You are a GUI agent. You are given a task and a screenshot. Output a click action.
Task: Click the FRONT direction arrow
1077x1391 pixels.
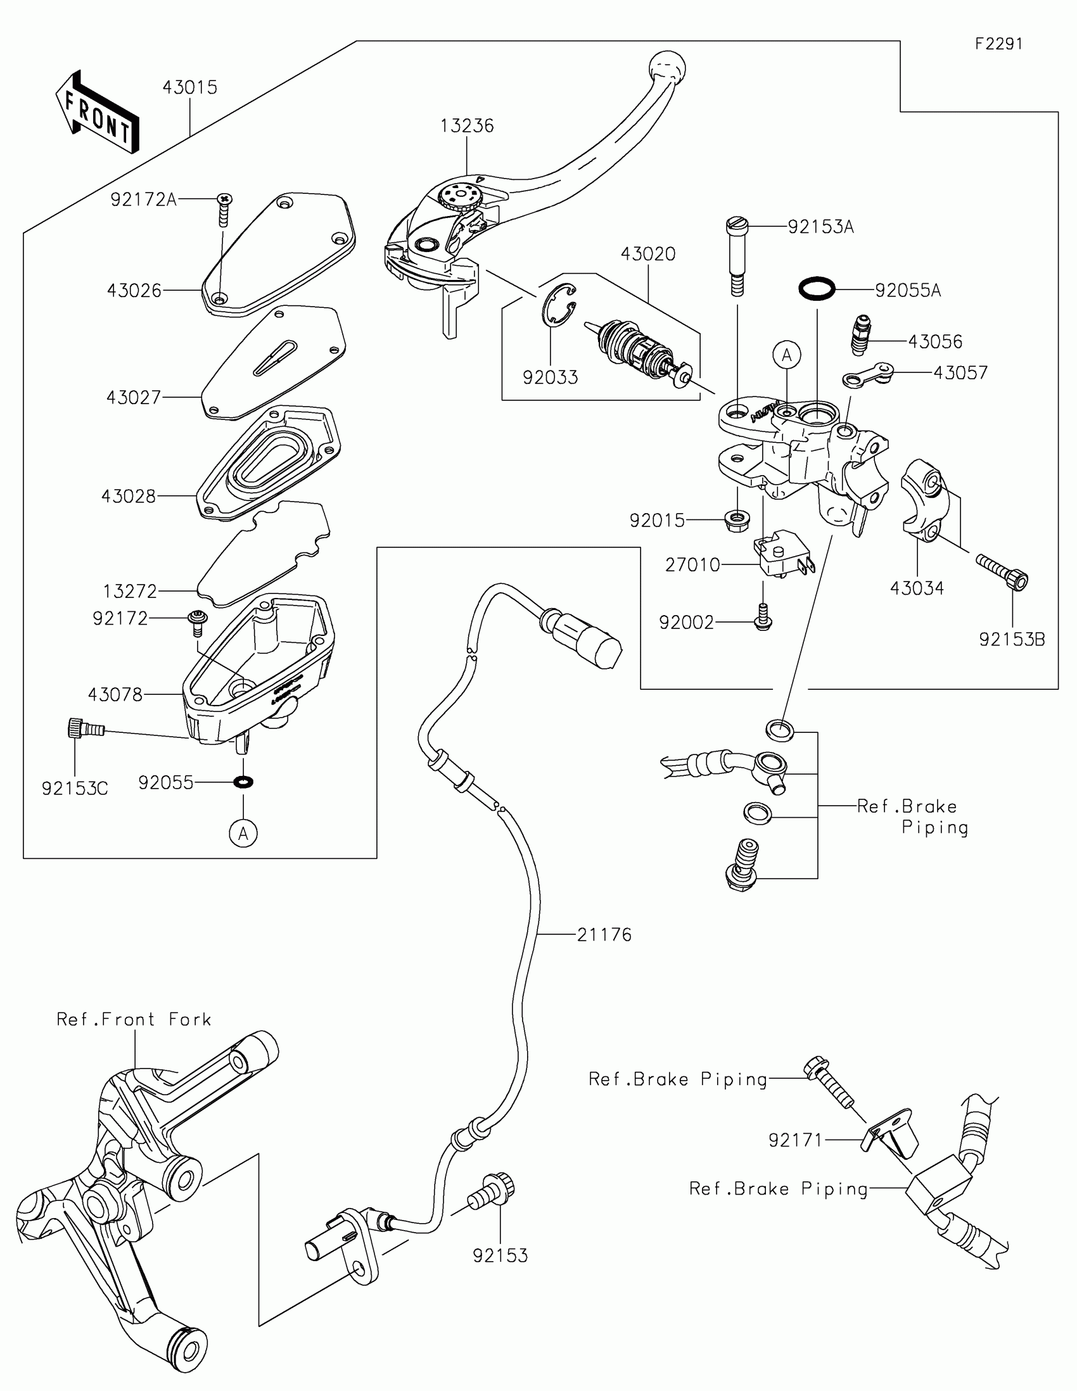click(x=98, y=113)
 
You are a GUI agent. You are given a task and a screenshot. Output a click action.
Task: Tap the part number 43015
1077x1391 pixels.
click(x=190, y=87)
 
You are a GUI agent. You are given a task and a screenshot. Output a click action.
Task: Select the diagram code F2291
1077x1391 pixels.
click(x=998, y=44)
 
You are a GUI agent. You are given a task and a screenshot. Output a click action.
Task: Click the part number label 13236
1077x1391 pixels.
click(x=467, y=126)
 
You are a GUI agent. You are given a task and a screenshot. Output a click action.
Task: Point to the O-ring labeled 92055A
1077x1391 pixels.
click(x=817, y=288)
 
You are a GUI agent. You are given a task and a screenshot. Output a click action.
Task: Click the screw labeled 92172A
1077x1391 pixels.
click(x=224, y=208)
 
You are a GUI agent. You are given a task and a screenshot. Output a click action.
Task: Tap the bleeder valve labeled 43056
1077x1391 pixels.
click(x=861, y=335)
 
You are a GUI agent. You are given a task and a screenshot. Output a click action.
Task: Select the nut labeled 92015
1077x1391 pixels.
click(x=737, y=520)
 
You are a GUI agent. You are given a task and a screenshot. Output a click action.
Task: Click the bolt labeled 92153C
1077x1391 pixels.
click(x=84, y=727)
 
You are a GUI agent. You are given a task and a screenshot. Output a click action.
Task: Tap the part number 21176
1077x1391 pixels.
click(x=604, y=935)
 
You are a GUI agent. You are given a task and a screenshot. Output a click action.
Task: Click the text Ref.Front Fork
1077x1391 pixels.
click(x=134, y=1020)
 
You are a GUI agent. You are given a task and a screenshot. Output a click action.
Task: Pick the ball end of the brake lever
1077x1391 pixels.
click(x=668, y=67)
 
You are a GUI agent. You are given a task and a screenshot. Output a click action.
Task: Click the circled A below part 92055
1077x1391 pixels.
click(x=243, y=833)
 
